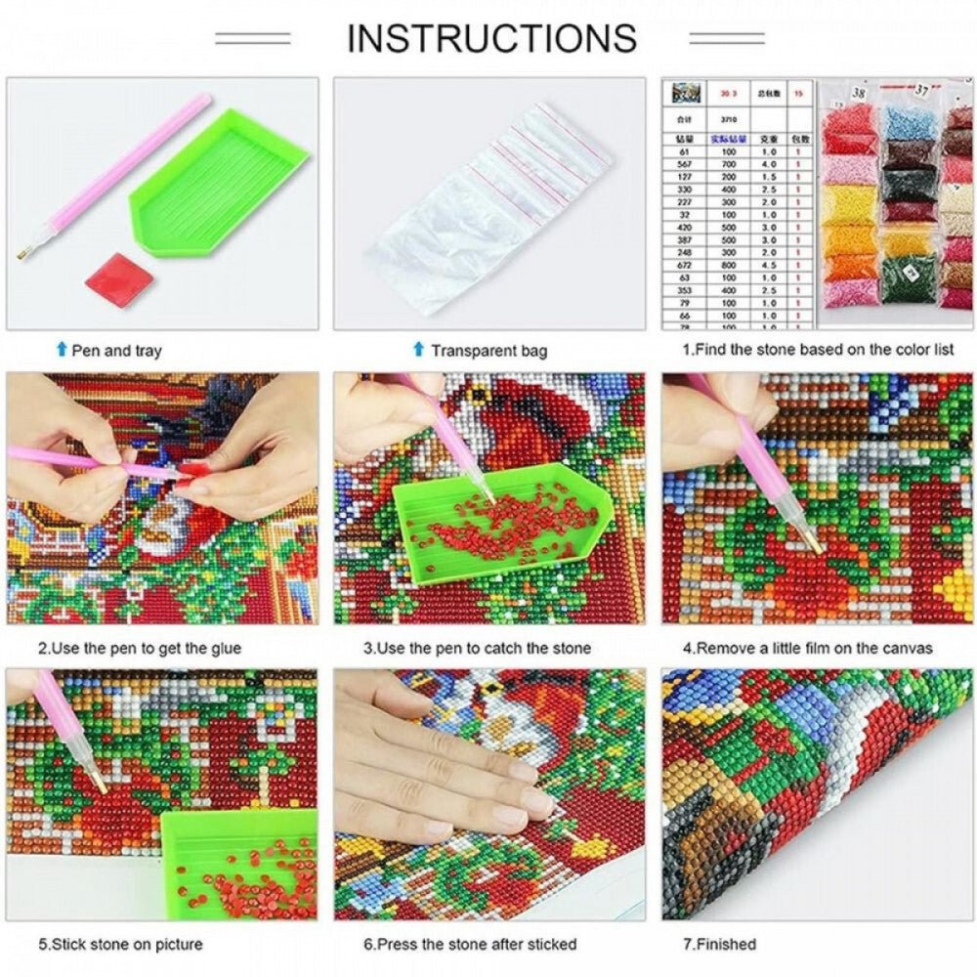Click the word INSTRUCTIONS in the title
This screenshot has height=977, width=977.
[491, 38]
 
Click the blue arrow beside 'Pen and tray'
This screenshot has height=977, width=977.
[63, 349]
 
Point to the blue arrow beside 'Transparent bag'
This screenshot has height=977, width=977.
[419, 349]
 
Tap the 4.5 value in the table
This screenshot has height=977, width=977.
[768, 264]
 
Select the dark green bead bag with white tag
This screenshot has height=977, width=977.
[909, 269]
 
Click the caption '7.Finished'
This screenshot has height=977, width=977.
[719, 944]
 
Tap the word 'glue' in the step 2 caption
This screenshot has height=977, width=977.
[225, 648]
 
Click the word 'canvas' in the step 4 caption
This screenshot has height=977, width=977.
[908, 648]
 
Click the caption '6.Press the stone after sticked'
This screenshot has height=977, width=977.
[470, 944]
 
